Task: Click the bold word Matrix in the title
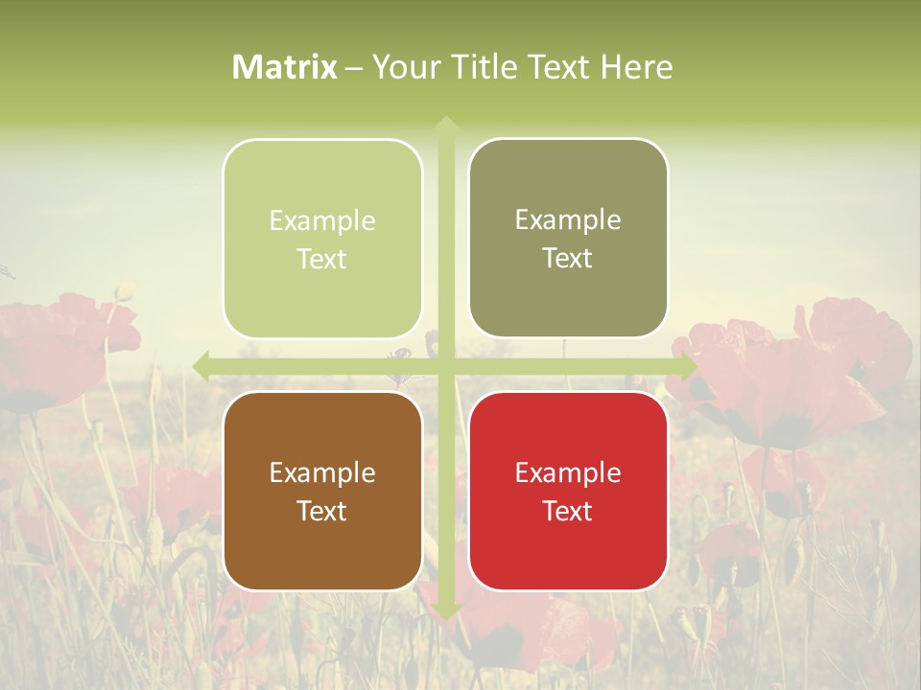click(285, 67)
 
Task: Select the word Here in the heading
click(636, 67)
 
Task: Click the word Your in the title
click(401, 67)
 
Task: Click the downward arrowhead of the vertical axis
click(445, 611)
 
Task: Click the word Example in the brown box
click(322, 473)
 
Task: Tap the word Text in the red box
click(568, 511)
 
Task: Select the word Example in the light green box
click(322, 221)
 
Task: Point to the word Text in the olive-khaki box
click(568, 259)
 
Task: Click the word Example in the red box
click(568, 473)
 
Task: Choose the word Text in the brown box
click(322, 511)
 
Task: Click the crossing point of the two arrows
click(445, 366)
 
